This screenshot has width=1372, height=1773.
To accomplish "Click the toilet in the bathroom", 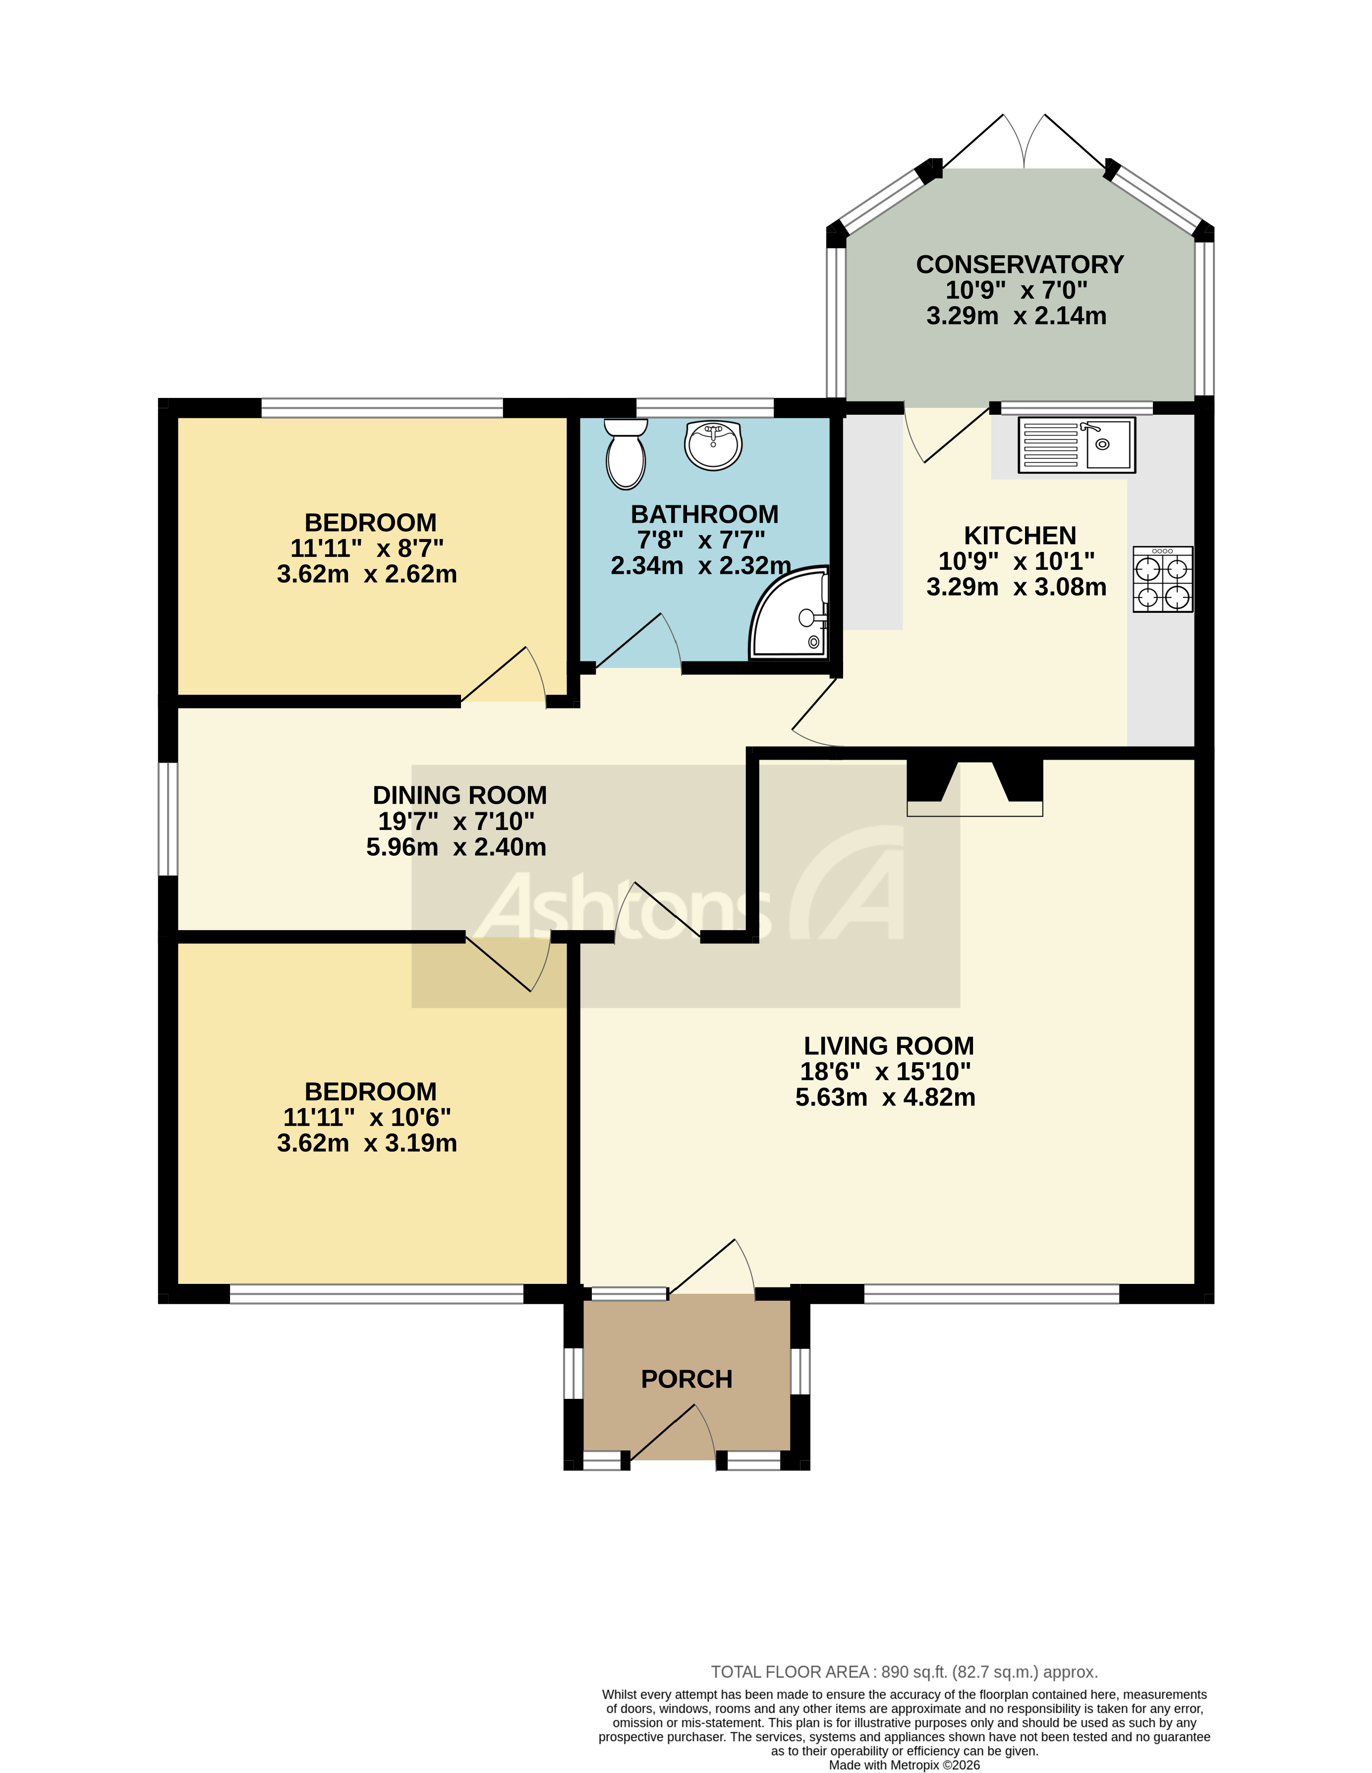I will [625, 454].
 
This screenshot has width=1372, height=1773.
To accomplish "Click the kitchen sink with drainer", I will [1077, 445].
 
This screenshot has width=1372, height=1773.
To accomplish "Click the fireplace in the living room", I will [974, 787].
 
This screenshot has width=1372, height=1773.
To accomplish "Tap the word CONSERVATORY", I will [1020, 265].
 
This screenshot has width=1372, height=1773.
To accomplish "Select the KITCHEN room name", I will [1020, 536].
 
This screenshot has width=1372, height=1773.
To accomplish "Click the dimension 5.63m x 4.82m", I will [885, 1098].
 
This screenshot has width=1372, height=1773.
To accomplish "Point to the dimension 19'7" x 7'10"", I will [456, 822].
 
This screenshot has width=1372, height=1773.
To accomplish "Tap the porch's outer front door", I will [672, 1435].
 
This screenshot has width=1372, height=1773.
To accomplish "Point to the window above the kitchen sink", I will [1077, 407].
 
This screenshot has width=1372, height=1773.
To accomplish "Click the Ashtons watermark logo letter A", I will [853, 885].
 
